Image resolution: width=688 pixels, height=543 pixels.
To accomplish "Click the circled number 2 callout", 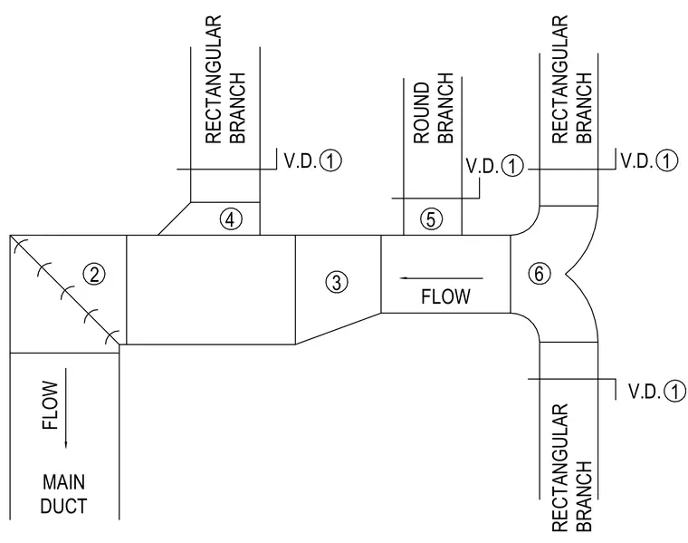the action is click(x=94, y=275).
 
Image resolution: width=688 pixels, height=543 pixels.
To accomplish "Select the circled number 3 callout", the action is click(x=337, y=282).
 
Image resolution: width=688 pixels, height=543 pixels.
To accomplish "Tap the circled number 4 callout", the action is click(x=231, y=218).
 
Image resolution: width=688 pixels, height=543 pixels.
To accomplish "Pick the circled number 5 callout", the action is click(x=431, y=218).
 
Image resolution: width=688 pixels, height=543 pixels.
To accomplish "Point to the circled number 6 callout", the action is click(x=540, y=273).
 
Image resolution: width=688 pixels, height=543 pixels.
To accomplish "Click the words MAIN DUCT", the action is click(x=63, y=494).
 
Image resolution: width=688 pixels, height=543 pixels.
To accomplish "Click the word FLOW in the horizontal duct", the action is click(x=445, y=296).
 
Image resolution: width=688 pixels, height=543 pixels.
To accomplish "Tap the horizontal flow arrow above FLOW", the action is click(x=441, y=278).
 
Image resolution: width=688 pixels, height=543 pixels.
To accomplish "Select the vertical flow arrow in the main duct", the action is click(x=66, y=409).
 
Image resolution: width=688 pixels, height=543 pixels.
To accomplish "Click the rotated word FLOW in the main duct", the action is click(x=50, y=405).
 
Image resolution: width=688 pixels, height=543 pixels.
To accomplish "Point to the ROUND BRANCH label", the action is click(x=434, y=109).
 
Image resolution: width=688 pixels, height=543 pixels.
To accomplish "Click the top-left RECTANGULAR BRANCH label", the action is click(x=225, y=80).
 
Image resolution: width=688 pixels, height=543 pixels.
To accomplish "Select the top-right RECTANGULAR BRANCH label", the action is click(x=572, y=80).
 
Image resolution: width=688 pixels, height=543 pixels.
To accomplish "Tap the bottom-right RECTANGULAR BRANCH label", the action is click(x=572, y=468).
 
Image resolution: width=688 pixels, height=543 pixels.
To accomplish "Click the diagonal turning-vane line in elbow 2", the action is click(x=64, y=290).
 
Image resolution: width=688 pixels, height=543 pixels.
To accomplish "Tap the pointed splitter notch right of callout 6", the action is click(x=567, y=274).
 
